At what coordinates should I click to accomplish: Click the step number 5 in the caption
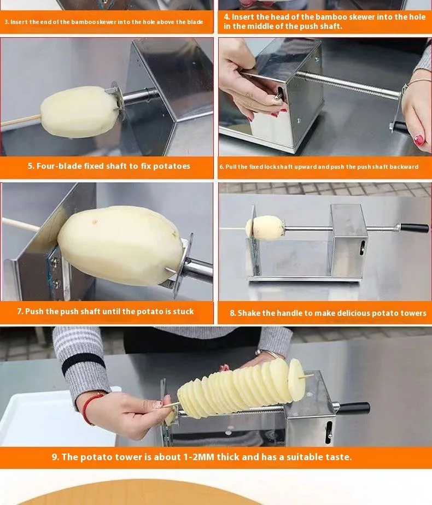[x=30, y=166]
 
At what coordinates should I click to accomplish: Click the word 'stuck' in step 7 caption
[x=183, y=312]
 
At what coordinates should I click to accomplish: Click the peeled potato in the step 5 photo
[x=78, y=112]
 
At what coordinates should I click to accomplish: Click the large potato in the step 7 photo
[x=121, y=245]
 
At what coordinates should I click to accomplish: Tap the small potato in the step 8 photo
[x=265, y=228]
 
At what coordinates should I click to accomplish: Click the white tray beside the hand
[x=55, y=419]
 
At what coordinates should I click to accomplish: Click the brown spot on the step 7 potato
[x=95, y=222]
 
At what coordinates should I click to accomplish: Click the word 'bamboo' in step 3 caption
[x=84, y=22]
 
